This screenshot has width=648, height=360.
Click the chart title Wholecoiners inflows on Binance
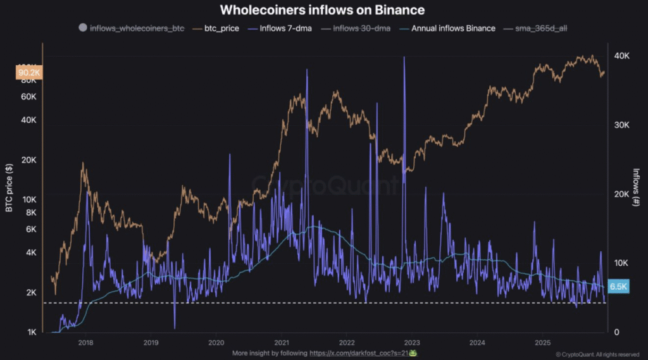pyautogui.click(x=322, y=10)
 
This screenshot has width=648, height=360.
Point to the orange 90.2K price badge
pyautogui.click(x=29, y=73)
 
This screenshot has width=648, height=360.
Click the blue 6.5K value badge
pyautogui.click(x=617, y=285)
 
